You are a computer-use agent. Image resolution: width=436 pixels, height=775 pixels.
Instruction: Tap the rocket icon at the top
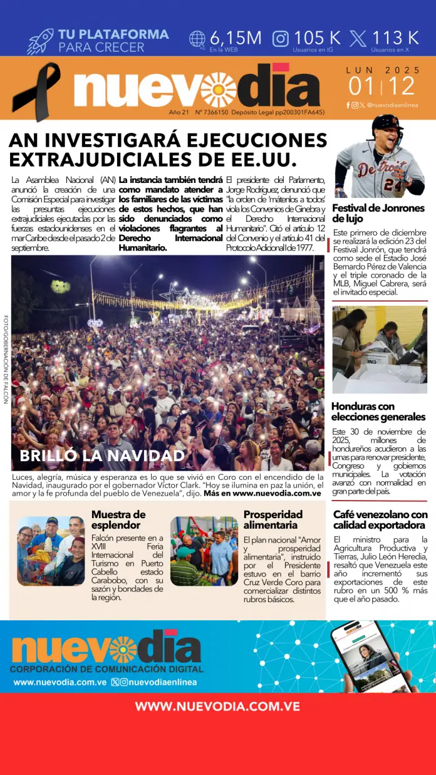pyautogui.click(x=41, y=41)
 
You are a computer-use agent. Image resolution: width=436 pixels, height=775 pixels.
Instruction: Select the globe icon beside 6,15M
pyautogui.click(x=197, y=39)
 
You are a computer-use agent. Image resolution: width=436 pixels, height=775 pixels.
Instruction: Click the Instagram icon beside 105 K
pyautogui.click(x=281, y=39)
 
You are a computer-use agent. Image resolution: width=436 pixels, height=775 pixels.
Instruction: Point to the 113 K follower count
pyautogui.click(x=395, y=38)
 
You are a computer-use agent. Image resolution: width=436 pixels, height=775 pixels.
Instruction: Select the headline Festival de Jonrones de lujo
pyautogui.click(x=378, y=213)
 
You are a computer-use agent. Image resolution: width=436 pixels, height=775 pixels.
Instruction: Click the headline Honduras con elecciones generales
pyautogui.click(x=378, y=411)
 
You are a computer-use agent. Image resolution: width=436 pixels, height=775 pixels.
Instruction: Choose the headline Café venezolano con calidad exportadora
pyautogui.click(x=380, y=519)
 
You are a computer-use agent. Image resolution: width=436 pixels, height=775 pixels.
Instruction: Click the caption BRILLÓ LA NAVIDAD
pyautogui.click(x=102, y=455)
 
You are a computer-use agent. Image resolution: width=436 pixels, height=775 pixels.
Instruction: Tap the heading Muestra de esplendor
pyautogui.click(x=118, y=519)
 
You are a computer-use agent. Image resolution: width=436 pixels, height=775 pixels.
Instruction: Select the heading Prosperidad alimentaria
pyautogui.click(x=272, y=519)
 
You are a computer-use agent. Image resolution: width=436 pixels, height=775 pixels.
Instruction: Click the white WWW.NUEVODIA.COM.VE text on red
pyautogui.click(x=217, y=706)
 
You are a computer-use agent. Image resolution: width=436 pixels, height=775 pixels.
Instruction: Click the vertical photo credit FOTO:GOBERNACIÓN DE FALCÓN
pyautogui.click(x=6, y=358)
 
